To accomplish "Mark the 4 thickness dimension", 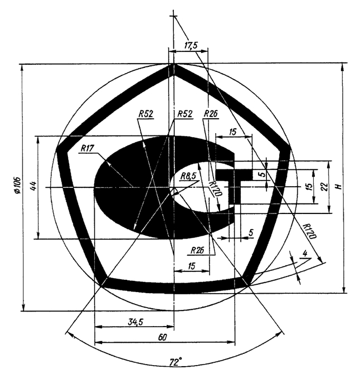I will click(x=304, y=254).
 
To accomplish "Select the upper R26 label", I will click(x=211, y=114).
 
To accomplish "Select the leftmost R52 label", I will click(x=145, y=114).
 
